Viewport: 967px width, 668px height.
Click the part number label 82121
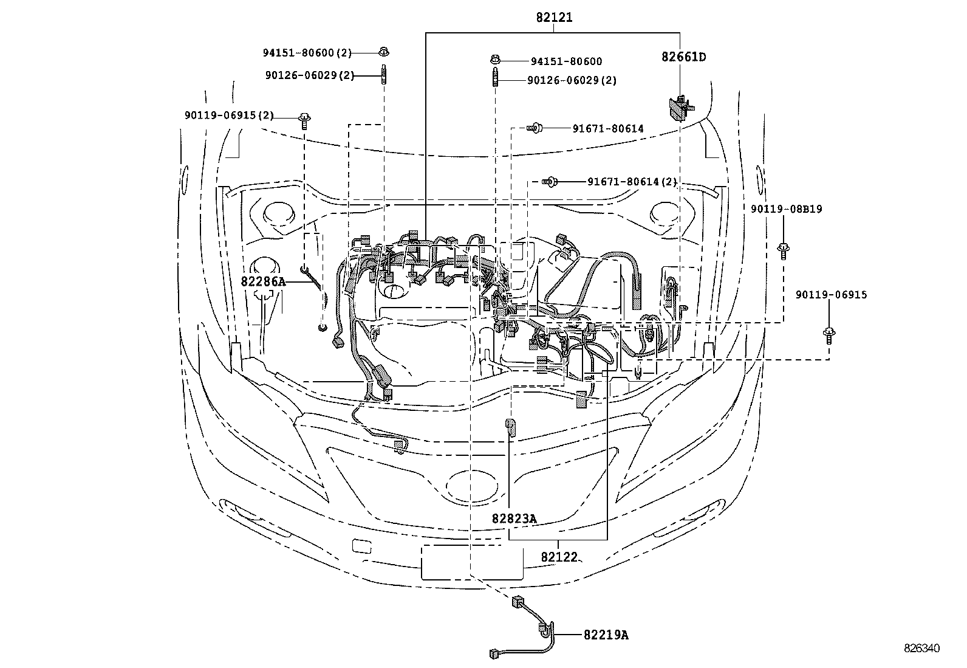pyautogui.click(x=555, y=17)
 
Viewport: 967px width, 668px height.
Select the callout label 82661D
pyautogui.click(x=684, y=57)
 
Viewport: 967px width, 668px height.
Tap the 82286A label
pyautogui.click(x=263, y=281)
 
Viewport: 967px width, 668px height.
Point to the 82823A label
pyautogui.click(x=514, y=518)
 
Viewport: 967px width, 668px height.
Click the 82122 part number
pyautogui.click(x=559, y=557)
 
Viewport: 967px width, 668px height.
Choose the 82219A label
pyautogui.click(x=606, y=635)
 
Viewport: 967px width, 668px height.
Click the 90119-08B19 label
pyautogui.click(x=787, y=209)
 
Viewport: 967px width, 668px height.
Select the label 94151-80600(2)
pyautogui.click(x=307, y=53)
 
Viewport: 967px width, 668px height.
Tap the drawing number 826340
pyautogui.click(x=921, y=648)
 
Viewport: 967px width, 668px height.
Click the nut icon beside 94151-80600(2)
pyautogui.click(x=383, y=52)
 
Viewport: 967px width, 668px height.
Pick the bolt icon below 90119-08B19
pyautogui.click(x=784, y=251)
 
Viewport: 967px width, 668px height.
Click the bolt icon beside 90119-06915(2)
pyautogui.click(x=305, y=121)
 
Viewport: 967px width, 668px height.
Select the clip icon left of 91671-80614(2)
pyautogui.click(x=550, y=182)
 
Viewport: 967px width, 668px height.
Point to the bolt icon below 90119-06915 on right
pyautogui.click(x=829, y=336)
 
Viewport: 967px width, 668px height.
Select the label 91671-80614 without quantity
pyautogui.click(x=608, y=129)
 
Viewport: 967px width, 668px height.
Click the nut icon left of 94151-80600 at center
pyautogui.click(x=496, y=59)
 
